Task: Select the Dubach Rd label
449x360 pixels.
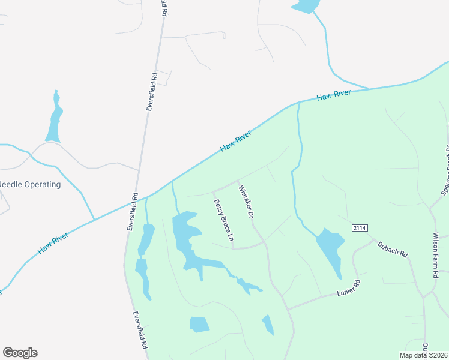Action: point(393,249)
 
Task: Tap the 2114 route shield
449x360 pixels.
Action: point(360,228)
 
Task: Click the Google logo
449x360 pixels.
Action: point(20,353)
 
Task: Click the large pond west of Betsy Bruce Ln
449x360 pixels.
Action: point(185,231)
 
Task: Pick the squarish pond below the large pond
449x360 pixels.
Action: point(199,325)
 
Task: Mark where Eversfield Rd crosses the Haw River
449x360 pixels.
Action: point(136,201)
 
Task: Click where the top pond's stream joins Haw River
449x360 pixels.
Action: point(367,89)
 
